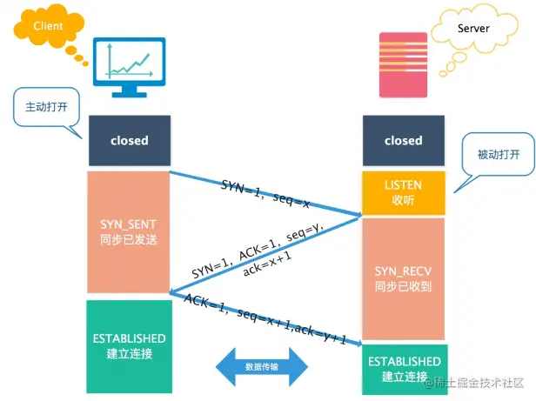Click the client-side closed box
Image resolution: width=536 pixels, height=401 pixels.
(x=129, y=140)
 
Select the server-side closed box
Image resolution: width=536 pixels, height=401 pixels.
(x=403, y=140)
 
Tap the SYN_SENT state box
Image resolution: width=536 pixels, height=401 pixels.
(x=129, y=231)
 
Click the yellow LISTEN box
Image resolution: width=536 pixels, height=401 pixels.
(x=403, y=193)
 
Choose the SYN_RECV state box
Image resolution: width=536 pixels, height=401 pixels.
(x=403, y=278)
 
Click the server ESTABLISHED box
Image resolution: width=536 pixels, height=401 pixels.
(x=404, y=367)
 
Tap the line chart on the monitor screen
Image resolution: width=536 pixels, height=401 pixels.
(x=129, y=60)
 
